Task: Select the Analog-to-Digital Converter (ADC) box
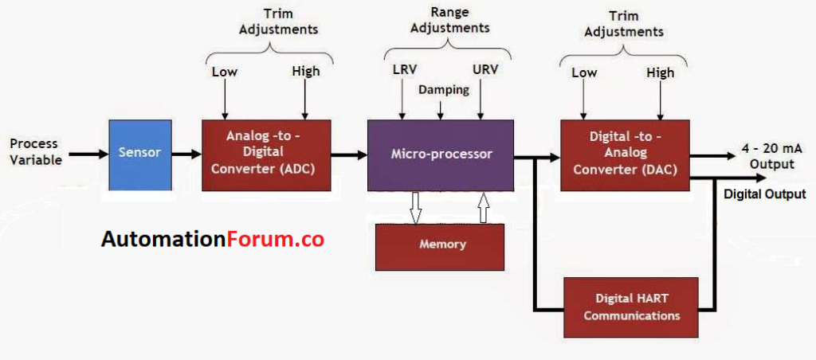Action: (266, 155)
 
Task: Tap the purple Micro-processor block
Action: (441, 155)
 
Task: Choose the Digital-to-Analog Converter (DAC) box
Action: (624, 155)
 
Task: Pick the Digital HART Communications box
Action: (631, 307)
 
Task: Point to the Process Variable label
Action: (34, 151)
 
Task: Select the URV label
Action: (484, 69)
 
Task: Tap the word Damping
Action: (443, 90)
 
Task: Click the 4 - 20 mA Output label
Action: (766, 157)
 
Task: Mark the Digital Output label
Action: (764, 194)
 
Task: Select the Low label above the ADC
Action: (225, 72)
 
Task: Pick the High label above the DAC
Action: (660, 72)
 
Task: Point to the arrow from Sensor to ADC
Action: (186, 153)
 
